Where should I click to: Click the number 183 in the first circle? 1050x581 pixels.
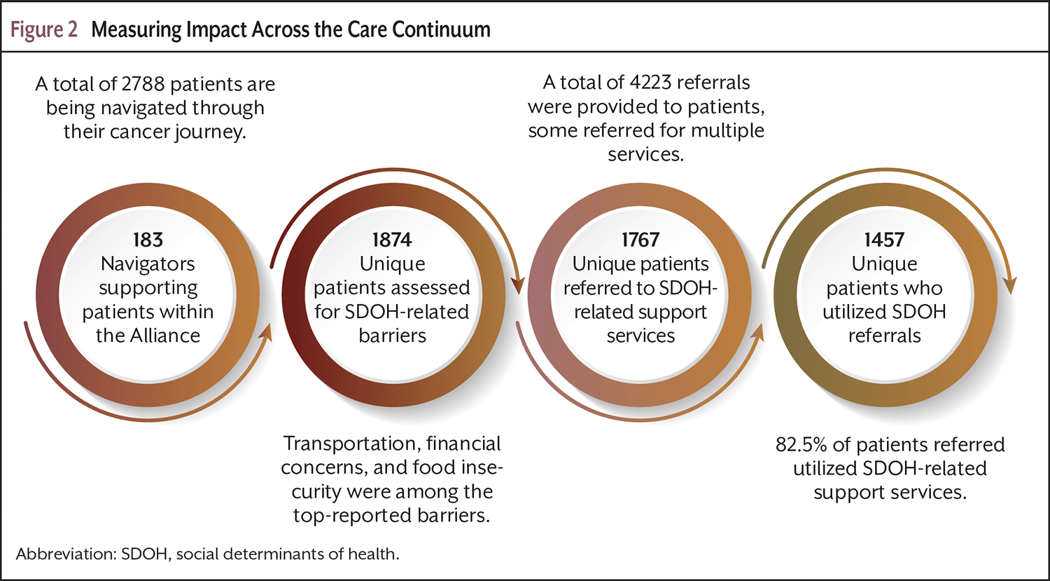148,240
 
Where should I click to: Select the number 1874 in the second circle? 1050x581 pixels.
392,240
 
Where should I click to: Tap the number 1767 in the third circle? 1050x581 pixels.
640,240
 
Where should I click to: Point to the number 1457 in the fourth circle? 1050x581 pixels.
884,240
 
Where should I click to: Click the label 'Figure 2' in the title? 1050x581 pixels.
44,30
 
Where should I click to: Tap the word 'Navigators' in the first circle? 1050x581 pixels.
148,264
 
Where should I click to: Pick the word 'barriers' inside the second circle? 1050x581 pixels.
392,336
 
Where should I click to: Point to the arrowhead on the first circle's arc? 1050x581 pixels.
265,340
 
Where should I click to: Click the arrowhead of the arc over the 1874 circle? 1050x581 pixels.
517,285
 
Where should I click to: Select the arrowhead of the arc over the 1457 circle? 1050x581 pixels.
1009,285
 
